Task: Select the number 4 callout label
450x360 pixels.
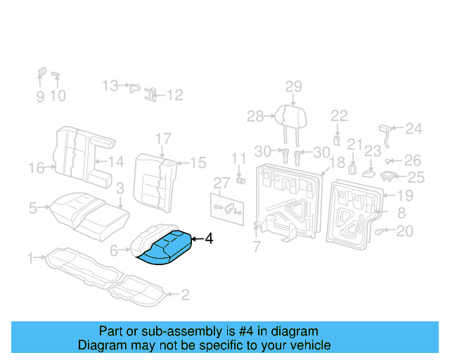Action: coord(209,240)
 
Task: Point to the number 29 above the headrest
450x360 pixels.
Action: coord(293,87)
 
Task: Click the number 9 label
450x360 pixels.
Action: coord(40,96)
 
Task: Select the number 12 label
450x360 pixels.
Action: coord(174,95)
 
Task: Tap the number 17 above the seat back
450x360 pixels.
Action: coord(162,139)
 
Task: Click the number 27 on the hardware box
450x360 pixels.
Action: coord(221,183)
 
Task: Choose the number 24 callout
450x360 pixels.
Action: coord(413,128)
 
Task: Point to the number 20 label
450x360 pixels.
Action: coord(405,231)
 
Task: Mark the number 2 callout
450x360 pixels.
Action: coord(185,295)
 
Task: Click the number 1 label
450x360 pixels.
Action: coord(30,259)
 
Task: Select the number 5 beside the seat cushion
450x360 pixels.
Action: coord(32,207)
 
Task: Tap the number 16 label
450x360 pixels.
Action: coord(36,167)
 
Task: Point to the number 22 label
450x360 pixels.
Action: coord(339,116)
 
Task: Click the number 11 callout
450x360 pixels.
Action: coord(239,158)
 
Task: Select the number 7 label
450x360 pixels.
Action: coord(257,246)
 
